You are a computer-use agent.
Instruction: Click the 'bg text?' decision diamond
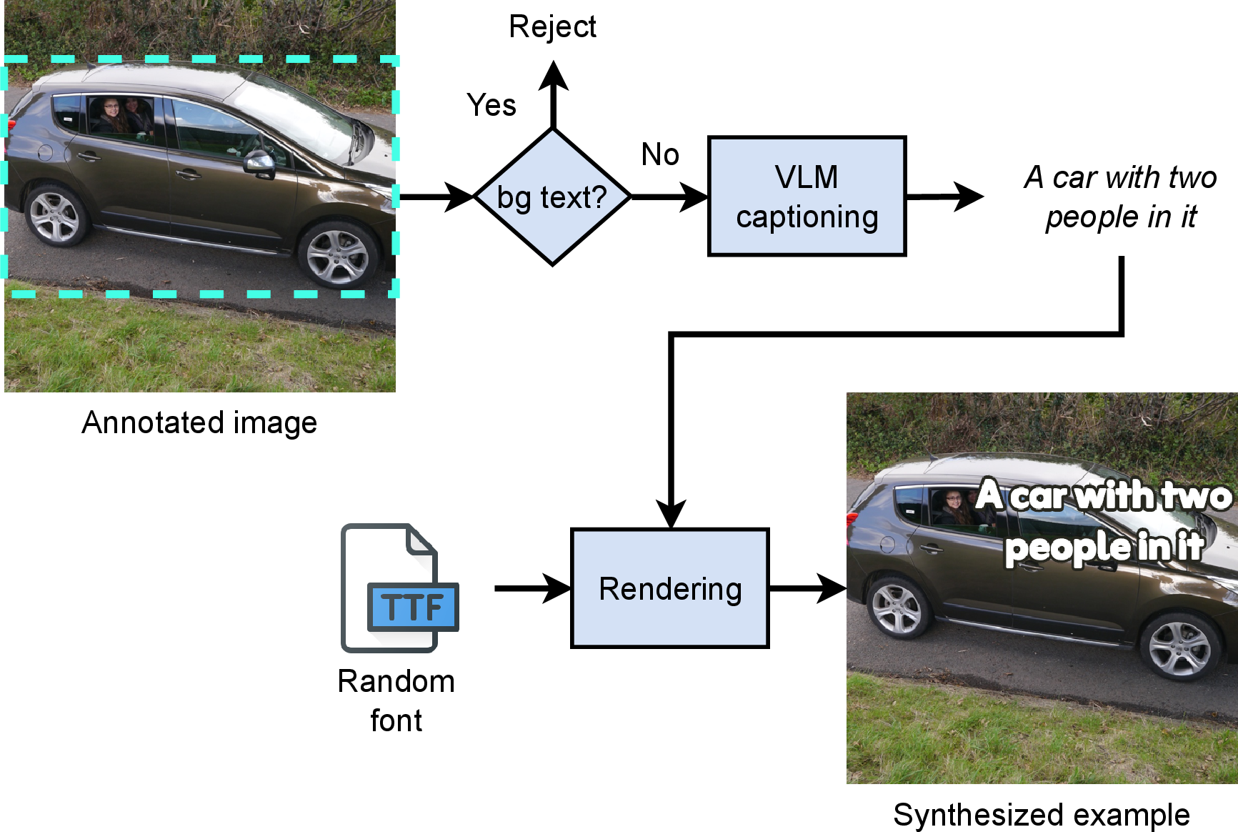[x=552, y=197]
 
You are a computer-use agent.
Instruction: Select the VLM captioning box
[x=807, y=197]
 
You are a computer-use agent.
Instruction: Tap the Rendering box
[x=669, y=588]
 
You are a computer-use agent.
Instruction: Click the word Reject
[x=552, y=27]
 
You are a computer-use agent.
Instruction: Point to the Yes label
[x=491, y=105]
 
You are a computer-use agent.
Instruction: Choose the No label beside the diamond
[x=660, y=154]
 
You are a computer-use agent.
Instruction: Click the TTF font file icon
[x=398, y=588]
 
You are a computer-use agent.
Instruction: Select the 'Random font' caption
[x=396, y=700]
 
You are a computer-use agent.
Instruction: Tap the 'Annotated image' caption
[x=199, y=422]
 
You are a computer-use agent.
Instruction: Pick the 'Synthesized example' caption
[x=1041, y=815]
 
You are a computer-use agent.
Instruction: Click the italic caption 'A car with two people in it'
[x=1120, y=197]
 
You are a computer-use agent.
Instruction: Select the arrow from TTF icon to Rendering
[x=531, y=588]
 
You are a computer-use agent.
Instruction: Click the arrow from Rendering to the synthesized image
[x=807, y=588]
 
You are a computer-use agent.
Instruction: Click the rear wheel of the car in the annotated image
[x=54, y=214]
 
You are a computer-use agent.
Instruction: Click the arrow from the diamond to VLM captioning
[x=669, y=197]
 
